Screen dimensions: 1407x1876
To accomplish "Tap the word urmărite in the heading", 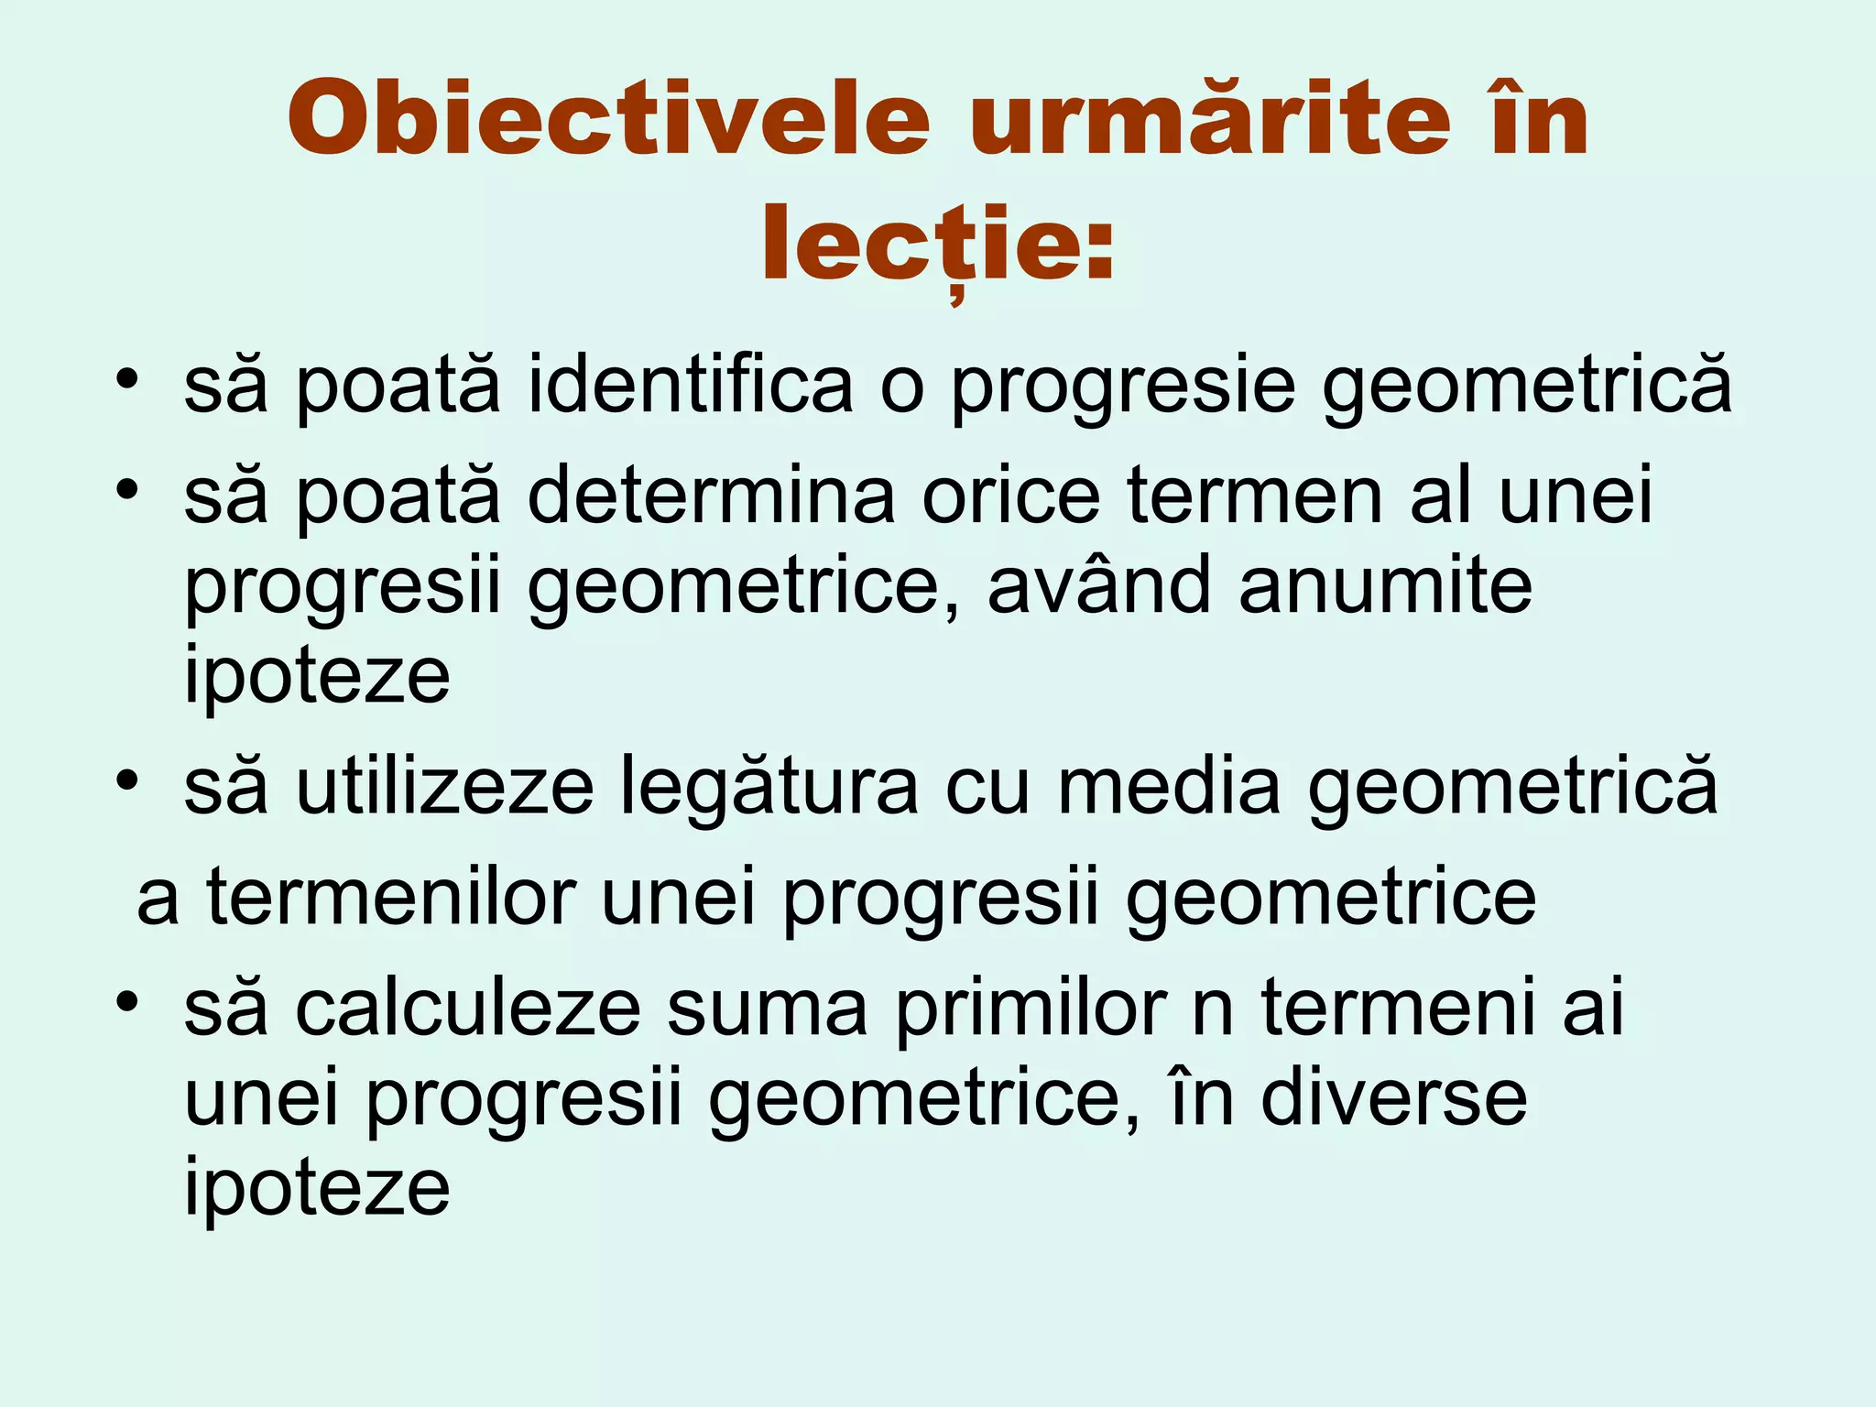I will [x=1210, y=120].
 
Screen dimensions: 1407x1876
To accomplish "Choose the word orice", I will [x=1010, y=496].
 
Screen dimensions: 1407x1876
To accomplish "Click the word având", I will [x=1099, y=586].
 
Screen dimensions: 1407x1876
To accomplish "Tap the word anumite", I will [x=1385, y=586].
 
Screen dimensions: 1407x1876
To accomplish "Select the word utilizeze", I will [x=444, y=788].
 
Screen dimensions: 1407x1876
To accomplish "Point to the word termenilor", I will [x=391, y=898].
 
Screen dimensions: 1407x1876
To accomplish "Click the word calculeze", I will [x=467, y=1008].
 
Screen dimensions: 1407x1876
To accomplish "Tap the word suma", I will [x=767, y=1008].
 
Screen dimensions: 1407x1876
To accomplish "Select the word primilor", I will [x=1031, y=1008].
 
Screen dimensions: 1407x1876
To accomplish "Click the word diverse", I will [x=1393, y=1098].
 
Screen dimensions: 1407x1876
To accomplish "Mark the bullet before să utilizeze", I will [x=126, y=781].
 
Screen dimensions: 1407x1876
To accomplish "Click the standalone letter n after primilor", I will [x=1213, y=1012].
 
